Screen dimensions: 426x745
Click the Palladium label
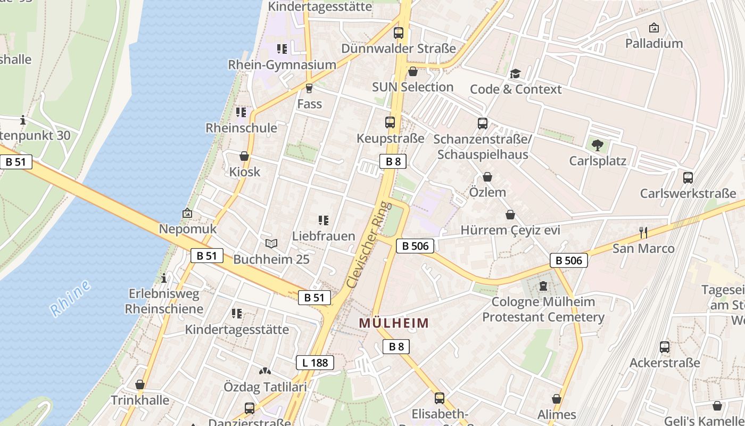click(653, 43)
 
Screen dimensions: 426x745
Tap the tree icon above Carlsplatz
click(598, 144)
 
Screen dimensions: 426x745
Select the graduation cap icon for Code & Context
click(515, 73)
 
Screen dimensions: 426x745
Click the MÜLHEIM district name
click(394, 323)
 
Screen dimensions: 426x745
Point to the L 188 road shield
click(314, 363)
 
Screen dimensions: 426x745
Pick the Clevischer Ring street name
click(368, 245)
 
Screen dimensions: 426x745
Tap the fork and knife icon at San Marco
click(643, 232)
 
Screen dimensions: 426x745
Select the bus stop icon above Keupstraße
click(390, 122)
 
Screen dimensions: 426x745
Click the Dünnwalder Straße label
click(399, 48)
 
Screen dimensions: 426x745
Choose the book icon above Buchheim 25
click(271, 243)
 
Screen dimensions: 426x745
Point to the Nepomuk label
click(188, 229)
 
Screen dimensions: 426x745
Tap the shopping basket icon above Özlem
click(487, 177)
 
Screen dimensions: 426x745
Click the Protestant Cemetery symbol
click(543, 286)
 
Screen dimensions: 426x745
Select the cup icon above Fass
click(309, 88)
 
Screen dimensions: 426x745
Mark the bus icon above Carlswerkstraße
click(688, 177)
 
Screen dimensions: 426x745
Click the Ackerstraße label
click(665, 363)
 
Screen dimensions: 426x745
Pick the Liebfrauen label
click(324, 235)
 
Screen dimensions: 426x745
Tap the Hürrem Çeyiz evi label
click(510, 230)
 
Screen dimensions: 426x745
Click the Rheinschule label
click(241, 128)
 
